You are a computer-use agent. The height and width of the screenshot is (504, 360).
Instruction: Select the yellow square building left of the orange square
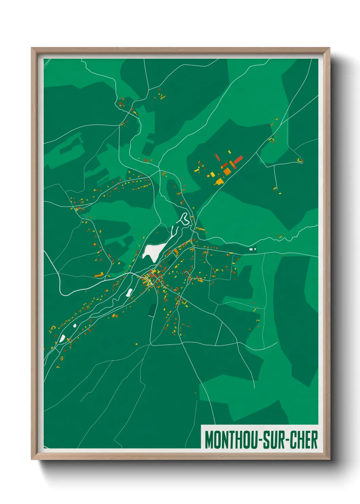point(213,175)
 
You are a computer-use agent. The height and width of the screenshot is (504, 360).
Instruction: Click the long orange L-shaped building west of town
point(99,274)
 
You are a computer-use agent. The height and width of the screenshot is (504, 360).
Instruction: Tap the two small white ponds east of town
point(252,249)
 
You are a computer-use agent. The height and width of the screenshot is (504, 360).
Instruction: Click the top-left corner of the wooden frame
point(32,48)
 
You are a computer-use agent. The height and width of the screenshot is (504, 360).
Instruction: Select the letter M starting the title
point(209,440)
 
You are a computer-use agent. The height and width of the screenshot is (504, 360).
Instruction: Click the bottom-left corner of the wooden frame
point(32,459)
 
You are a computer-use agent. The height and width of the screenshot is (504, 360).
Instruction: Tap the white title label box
point(260,437)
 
